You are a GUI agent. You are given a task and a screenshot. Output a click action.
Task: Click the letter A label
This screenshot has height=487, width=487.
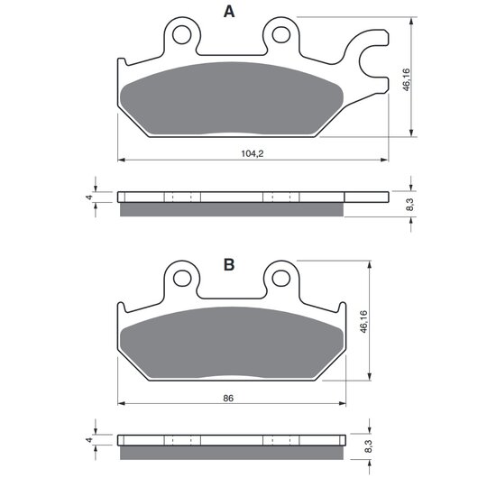pos(229,12)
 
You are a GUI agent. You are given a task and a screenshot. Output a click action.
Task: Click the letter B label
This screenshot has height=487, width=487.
pos(229,264)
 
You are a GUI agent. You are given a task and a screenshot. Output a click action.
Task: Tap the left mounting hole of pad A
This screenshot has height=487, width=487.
pos(181,35)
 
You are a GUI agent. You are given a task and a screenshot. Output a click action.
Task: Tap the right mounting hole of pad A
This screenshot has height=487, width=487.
pos(281,35)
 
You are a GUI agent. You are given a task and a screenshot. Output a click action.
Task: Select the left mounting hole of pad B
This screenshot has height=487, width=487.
pos(182,279)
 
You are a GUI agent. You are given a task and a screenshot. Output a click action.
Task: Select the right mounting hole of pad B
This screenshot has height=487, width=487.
pos(281,279)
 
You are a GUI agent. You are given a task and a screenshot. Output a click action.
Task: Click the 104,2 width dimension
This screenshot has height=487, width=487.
pos(253,153)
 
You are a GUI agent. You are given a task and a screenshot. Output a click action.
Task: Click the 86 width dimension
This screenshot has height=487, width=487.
pos(228,398)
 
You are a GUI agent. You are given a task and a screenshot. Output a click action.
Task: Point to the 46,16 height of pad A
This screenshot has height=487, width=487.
pos(406,80)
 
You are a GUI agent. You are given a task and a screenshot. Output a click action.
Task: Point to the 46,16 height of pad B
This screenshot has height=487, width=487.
pos(363,322)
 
